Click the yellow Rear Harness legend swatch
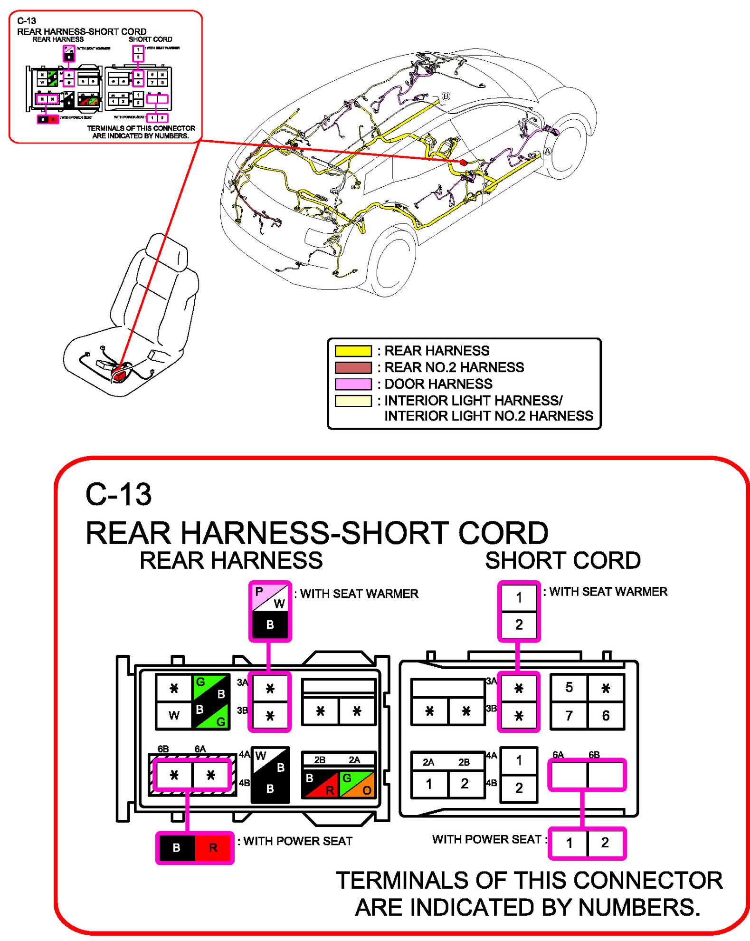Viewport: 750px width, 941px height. (352, 351)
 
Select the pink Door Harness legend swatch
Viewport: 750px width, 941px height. (352, 384)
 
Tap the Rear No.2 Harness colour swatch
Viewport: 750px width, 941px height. (352, 367)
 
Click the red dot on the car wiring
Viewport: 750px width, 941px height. (463, 163)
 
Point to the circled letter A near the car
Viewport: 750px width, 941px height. (547, 151)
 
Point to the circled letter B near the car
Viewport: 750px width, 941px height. (446, 96)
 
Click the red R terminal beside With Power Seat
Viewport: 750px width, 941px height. (213, 847)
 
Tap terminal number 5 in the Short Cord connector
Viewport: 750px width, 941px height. (569, 687)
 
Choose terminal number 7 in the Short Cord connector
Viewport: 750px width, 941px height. (569, 715)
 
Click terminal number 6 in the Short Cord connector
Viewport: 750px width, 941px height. (605, 715)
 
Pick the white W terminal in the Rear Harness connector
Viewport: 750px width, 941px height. (174, 715)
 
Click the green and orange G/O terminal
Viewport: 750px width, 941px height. (357, 784)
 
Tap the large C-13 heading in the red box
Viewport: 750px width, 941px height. (119, 494)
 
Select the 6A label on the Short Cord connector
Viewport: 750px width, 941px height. (558, 755)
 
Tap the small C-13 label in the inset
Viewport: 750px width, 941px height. (27, 21)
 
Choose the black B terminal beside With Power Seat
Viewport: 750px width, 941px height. (176, 847)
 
